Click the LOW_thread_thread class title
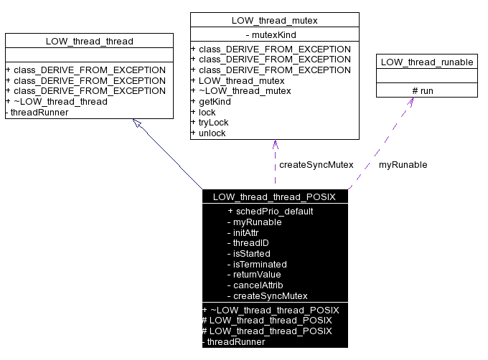pyautogui.click(x=89, y=41)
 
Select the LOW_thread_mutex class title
pyautogui.click(x=274, y=20)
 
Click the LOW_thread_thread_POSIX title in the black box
pyautogui.click(x=274, y=196)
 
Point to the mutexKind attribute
pyautogui.click(x=274, y=34)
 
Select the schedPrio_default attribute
pyautogui.click(x=270, y=212)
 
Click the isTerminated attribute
pyautogui.click(x=256, y=264)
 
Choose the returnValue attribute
pyautogui.click(x=254, y=275)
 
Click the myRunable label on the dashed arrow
pyautogui.click(x=403, y=165)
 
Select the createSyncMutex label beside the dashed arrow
pyautogui.click(x=316, y=165)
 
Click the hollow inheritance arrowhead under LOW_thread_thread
pyautogui.click(x=138, y=123)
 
